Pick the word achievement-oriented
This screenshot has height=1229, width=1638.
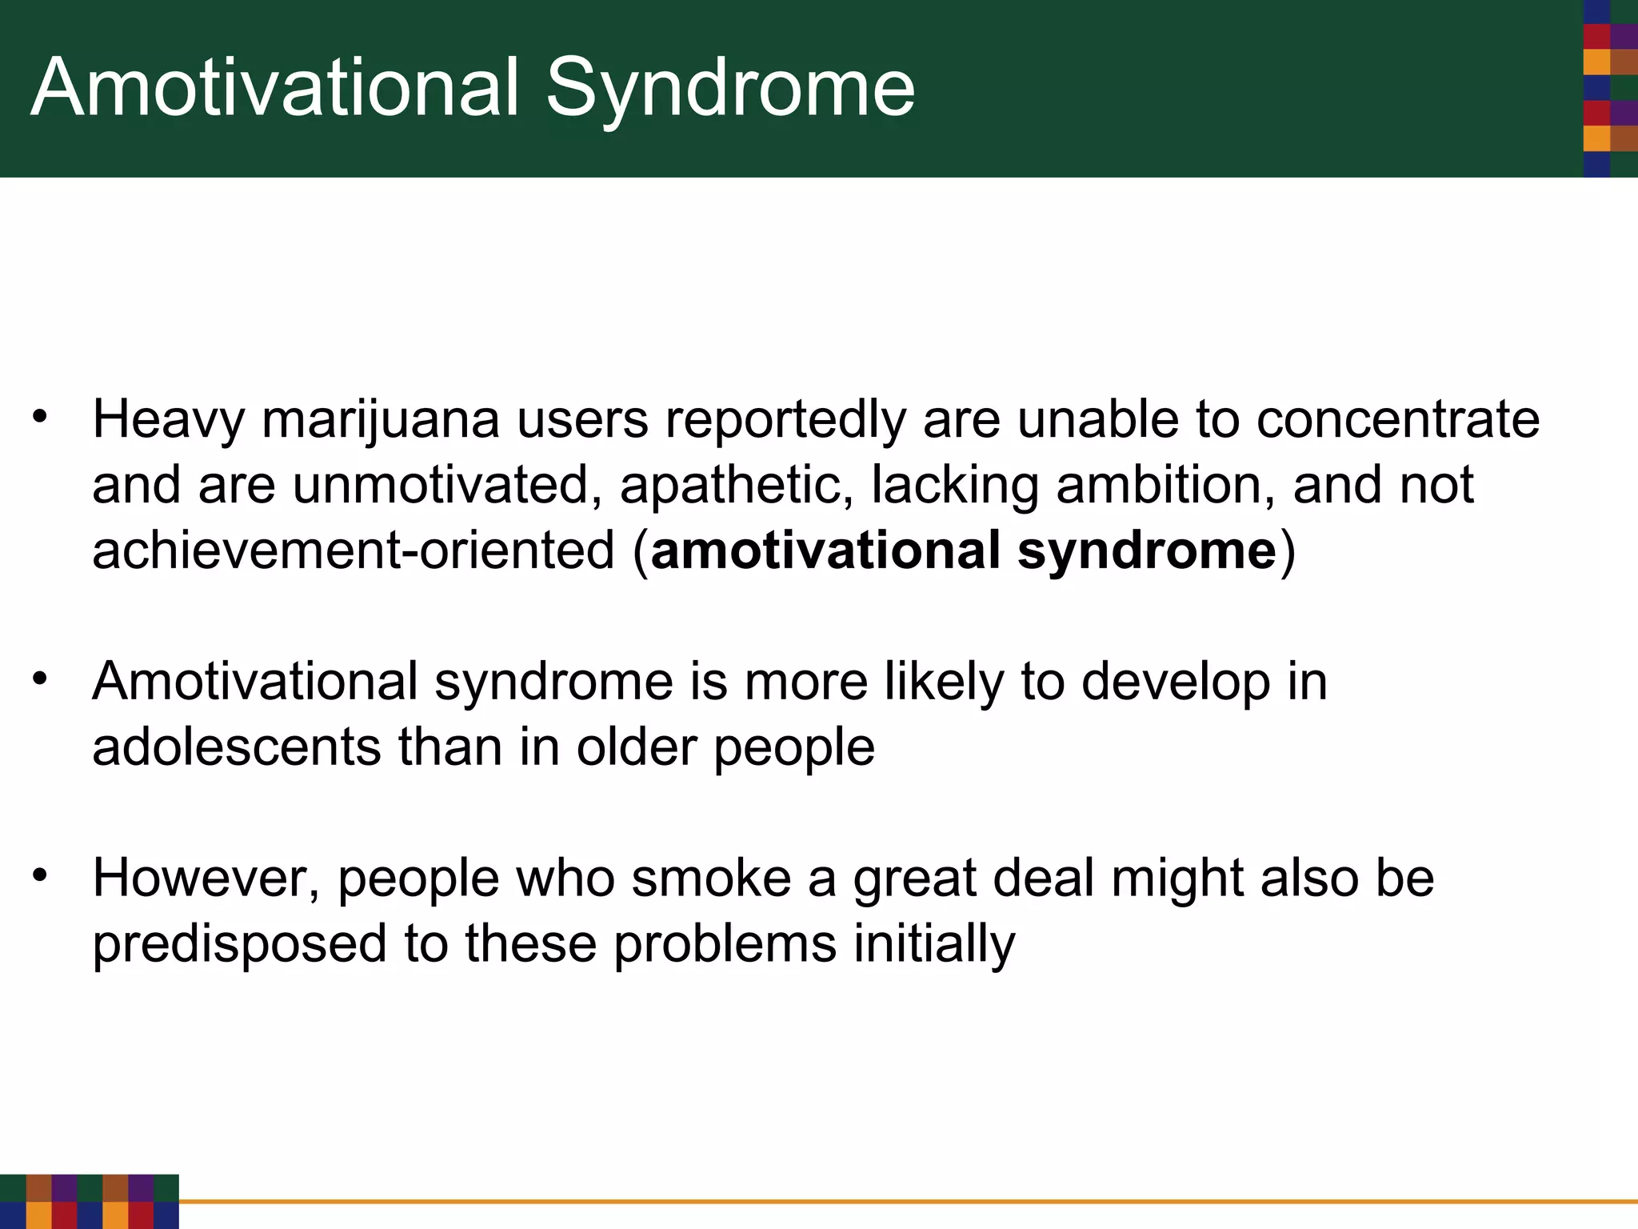pyautogui.click(x=354, y=552)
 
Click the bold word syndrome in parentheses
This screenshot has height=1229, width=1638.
pyautogui.click(x=1147, y=552)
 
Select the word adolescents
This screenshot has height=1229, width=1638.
pyautogui.click(x=237, y=748)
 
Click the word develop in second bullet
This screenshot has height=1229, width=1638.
pyautogui.click(x=1176, y=683)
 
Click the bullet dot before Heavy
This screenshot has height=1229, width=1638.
pyautogui.click(x=41, y=417)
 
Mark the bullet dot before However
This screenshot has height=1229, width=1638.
pyautogui.click(x=41, y=875)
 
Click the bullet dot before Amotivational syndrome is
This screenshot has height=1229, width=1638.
pyautogui.click(x=41, y=679)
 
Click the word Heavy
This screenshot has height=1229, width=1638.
pyautogui.click(x=168, y=421)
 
